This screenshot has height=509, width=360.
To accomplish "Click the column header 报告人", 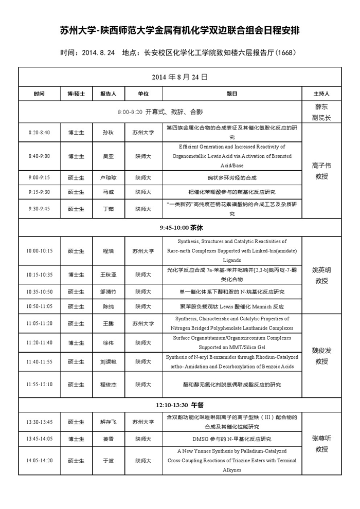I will tap(108, 94).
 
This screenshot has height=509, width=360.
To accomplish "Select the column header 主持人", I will tap(321, 94).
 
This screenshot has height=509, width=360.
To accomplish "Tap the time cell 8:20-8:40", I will tap(39, 133).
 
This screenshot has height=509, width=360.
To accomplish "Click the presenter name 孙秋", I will tap(108, 133).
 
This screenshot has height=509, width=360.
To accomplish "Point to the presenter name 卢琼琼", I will tap(108, 177).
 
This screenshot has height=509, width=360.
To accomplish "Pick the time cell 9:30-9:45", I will tap(39, 209).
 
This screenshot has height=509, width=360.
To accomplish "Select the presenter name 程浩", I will tap(108, 251).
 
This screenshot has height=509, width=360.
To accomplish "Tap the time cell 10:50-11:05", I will tap(39, 306).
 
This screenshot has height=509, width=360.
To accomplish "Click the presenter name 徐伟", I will tap(108, 342).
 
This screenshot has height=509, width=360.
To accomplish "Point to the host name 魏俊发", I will tap(321, 351).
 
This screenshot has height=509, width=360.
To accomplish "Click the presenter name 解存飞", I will tap(108, 422).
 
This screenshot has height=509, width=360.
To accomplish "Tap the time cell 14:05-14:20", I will tap(39, 460).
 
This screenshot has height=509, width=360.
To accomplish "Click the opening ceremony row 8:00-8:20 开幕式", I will tap(159, 112).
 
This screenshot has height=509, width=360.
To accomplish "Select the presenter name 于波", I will tap(108, 460).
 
